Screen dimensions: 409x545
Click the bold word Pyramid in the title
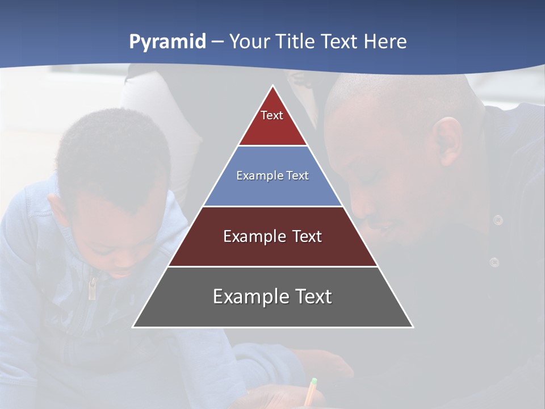point(167,42)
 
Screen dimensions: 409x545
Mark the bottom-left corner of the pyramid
point(133,327)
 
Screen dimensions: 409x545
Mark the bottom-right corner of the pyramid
point(413,327)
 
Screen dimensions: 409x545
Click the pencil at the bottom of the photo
point(310,392)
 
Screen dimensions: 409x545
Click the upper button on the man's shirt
point(498,220)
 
